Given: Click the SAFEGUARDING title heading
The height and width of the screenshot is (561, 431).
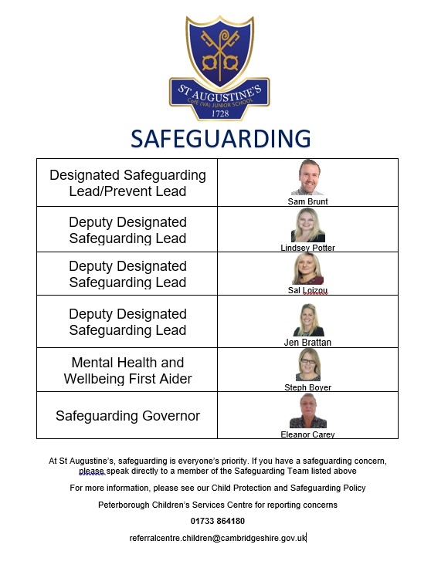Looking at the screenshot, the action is click(x=220, y=139).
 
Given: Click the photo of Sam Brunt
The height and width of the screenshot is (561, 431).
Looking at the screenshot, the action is click(x=307, y=177).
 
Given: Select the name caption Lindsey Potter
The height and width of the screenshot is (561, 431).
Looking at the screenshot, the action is click(x=307, y=248).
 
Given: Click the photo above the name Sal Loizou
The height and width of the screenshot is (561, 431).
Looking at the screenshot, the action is click(x=307, y=269).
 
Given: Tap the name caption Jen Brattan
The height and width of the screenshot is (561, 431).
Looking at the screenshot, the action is click(x=307, y=340).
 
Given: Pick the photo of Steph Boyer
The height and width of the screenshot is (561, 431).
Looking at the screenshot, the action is click(x=307, y=365).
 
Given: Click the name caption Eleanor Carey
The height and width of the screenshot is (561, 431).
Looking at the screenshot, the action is click(x=307, y=434).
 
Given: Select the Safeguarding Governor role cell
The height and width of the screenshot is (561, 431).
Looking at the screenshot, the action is click(x=127, y=416).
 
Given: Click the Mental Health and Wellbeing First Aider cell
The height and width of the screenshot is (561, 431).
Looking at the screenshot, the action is click(x=127, y=370).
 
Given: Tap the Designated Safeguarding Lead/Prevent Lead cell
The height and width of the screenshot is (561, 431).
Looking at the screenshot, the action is click(x=127, y=183).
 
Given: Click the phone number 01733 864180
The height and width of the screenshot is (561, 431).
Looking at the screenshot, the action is click(x=218, y=521).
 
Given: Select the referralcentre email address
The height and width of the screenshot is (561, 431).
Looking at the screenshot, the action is click(x=218, y=537).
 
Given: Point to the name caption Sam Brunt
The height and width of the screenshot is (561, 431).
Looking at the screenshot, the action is click(x=307, y=201).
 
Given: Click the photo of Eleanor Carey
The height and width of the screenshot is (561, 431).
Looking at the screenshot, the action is click(x=307, y=411).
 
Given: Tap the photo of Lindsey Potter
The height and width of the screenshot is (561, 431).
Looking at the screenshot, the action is click(x=307, y=225).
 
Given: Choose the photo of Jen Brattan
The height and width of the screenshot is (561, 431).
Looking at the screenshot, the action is click(x=307, y=319).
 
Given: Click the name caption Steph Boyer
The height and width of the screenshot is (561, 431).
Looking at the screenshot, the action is click(x=307, y=387).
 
